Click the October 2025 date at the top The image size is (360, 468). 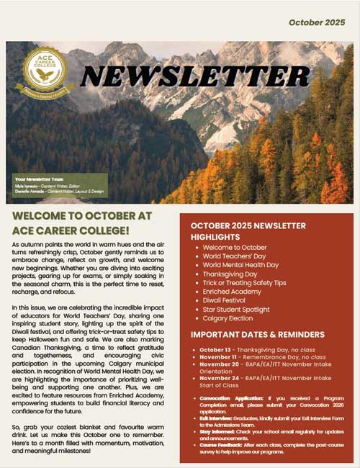coord(317,22)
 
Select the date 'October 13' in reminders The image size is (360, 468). coord(214,350)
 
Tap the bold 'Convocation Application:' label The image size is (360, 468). coord(225,398)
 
